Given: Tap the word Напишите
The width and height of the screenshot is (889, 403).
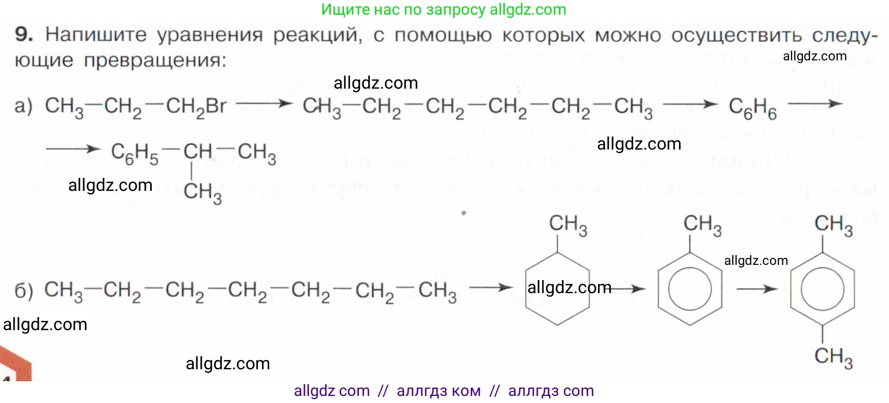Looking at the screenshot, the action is pos(96,35).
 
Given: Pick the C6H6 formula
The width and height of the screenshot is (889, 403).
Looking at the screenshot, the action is pos(752,108).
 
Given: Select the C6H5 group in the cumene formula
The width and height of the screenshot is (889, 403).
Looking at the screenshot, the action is pos(134,153).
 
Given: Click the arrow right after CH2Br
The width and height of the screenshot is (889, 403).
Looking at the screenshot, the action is pos(264,104).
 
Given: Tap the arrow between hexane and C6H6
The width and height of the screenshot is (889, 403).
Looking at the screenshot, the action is pos(690,104).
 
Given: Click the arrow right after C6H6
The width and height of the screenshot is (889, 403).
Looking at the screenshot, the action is pos(816,104).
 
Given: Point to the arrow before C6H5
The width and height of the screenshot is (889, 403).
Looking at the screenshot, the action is pos(73,149).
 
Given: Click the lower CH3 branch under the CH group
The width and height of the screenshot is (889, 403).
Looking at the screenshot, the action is pos(202,193).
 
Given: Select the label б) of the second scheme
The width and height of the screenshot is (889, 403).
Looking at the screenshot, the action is pos(23,291).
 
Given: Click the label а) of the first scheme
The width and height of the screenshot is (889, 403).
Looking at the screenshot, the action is pos(23,106).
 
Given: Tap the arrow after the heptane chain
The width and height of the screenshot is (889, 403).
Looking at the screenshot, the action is pos(491,287).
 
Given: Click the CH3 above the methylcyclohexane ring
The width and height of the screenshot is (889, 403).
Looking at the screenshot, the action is pos(568,225).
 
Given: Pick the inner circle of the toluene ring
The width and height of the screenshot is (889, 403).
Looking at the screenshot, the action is pos(690,289).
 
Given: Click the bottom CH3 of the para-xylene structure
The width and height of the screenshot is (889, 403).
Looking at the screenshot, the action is pos(834,357).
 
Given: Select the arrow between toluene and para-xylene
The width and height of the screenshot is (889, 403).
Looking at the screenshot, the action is pos(757,289).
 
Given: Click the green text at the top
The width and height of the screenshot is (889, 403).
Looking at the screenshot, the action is pos(444,10).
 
